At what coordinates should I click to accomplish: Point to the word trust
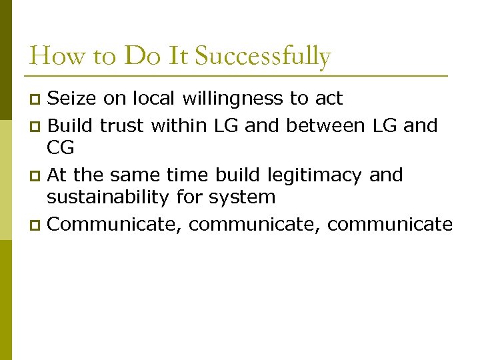122,125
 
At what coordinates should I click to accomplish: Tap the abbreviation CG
60,147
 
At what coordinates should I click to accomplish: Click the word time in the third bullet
191,175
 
